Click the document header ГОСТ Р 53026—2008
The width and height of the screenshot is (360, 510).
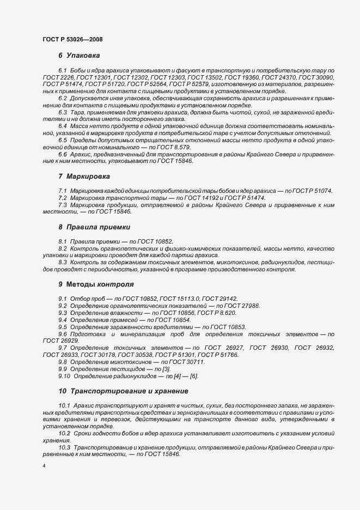click(72, 39)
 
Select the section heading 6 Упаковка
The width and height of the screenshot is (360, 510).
click(79, 56)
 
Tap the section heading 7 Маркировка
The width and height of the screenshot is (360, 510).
click(84, 177)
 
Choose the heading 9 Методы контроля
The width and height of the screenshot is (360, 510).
click(96, 284)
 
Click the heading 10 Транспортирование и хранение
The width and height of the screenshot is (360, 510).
click(123, 391)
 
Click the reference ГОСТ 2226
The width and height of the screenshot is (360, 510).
click(56, 78)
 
